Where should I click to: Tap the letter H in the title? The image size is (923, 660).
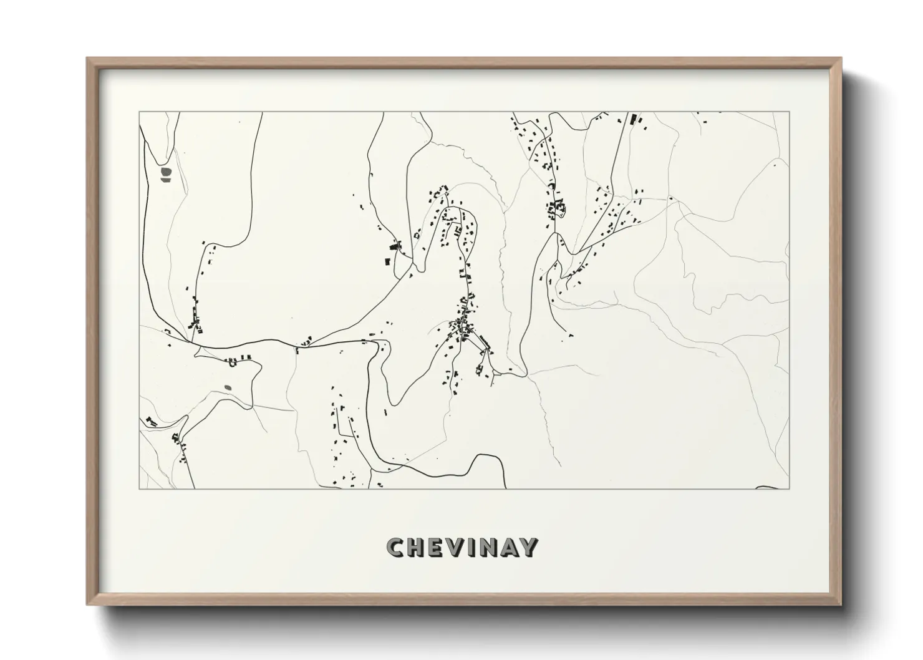pos(417,547)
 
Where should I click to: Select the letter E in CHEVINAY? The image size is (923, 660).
pos(438,547)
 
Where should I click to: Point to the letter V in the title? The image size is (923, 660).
pos(460,547)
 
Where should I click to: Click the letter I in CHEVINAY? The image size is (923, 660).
pos(476,547)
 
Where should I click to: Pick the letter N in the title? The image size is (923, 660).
pos(491,547)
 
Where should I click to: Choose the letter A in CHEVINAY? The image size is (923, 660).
pos(511,547)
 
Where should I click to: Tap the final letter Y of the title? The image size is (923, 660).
pos(529,547)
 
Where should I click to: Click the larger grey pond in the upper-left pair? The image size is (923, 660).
pos(165,170)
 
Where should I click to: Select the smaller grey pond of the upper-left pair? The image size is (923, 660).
pos(165,180)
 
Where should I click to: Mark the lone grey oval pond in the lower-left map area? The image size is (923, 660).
pos(227,387)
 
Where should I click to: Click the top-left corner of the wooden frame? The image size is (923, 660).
pos(88,59)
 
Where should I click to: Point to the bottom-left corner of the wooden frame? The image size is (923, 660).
pos(88,604)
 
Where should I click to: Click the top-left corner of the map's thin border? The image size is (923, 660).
pos(139,112)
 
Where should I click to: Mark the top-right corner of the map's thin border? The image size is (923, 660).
pos(790,112)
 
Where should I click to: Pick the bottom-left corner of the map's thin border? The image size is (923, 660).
pos(139,488)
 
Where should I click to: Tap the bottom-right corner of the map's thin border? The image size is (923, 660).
pos(790,488)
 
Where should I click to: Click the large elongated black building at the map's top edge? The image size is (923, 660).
pos(635,119)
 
